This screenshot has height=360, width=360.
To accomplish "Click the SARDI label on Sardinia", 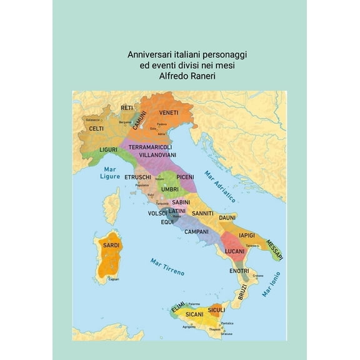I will tap(111, 246).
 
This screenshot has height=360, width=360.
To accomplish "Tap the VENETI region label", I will tap(169, 112).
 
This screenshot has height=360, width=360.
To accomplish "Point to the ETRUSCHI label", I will tap(137, 177).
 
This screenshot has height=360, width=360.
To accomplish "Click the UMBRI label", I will tap(170, 189).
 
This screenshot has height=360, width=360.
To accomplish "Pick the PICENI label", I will tap(185, 177).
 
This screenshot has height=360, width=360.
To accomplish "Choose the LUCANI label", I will tap(234, 251).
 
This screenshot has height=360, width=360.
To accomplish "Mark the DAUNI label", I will tap(227, 217).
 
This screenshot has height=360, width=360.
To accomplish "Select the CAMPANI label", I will tap(196, 231).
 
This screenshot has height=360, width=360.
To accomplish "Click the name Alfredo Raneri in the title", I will tap(180, 77).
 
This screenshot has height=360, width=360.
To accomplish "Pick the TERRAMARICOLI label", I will tap(150, 147).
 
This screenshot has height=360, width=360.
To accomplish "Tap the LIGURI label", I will tap(109, 151).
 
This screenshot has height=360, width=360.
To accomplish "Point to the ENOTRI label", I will tap(239, 271).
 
